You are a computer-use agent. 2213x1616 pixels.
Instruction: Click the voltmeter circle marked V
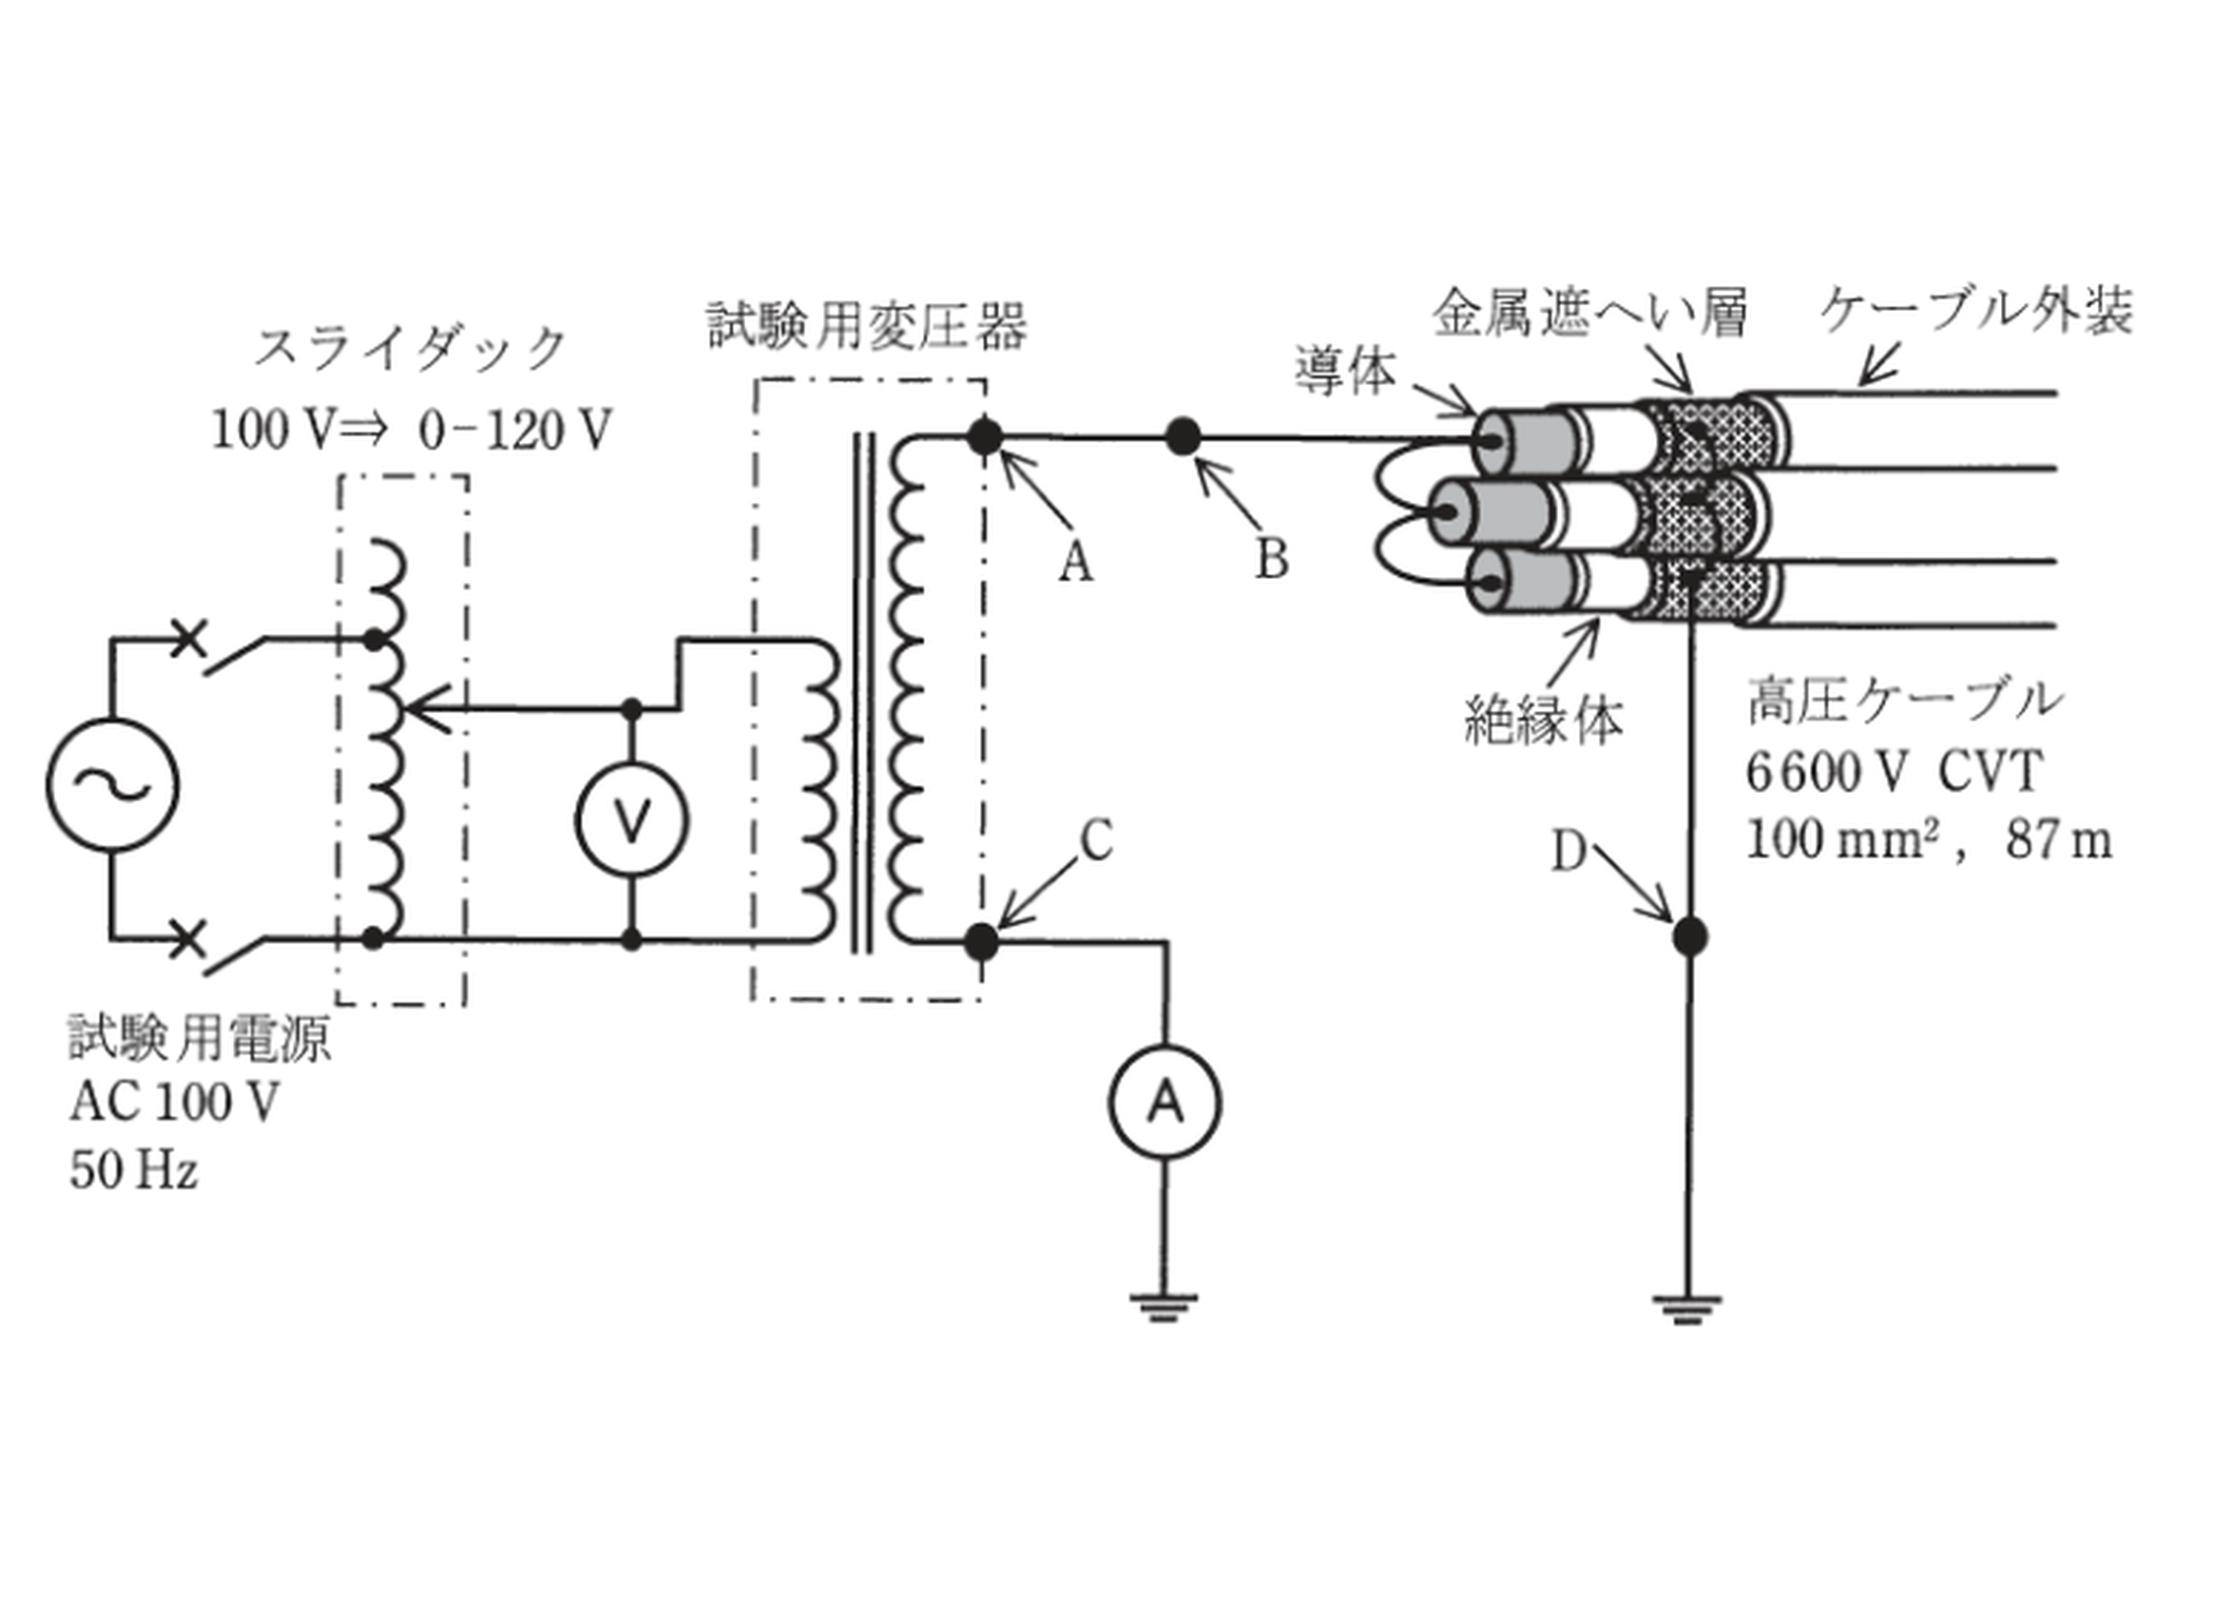(632, 819)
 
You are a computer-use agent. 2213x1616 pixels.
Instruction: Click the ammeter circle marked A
(1164, 1103)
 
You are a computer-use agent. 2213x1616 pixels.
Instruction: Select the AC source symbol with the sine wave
(112, 784)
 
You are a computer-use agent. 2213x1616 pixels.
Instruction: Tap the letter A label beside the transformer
(1076, 563)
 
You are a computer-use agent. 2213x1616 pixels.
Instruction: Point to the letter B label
(1271, 560)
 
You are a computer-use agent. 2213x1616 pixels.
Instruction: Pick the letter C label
(1096, 839)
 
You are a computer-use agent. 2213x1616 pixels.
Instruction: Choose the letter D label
(1568, 853)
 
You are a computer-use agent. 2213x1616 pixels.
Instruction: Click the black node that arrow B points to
(1183, 436)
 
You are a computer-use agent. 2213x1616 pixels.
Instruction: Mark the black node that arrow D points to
(1689, 936)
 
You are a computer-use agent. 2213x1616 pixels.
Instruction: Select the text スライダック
(411, 348)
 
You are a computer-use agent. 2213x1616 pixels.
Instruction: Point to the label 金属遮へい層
(1589, 313)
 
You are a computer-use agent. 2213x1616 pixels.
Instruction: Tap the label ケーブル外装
(1976, 311)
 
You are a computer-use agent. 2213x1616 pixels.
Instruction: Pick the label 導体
(1346, 369)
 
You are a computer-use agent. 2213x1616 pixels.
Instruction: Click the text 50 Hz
(133, 1170)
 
